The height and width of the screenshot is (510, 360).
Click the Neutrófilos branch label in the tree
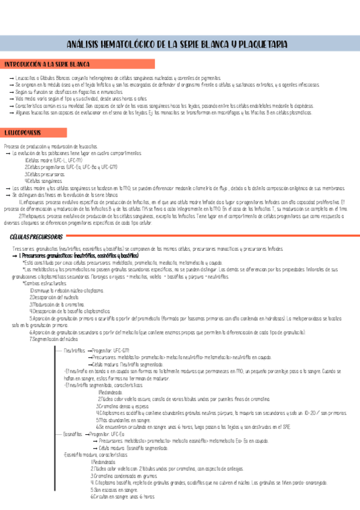pyautogui.click(x=75, y=350)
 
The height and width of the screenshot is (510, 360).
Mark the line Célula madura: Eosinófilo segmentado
pyautogui.click(x=132, y=448)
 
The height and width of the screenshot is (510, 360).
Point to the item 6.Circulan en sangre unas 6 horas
pyautogui.click(x=123, y=497)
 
